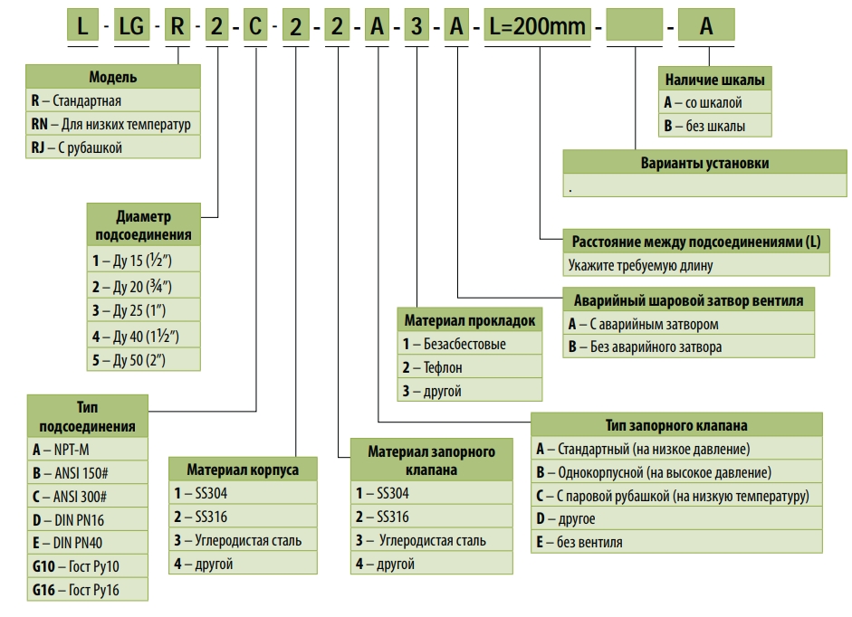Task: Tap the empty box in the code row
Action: (635, 26)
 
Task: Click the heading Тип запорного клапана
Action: (676, 425)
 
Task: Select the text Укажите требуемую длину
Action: (641, 265)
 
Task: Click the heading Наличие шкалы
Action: (714, 80)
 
